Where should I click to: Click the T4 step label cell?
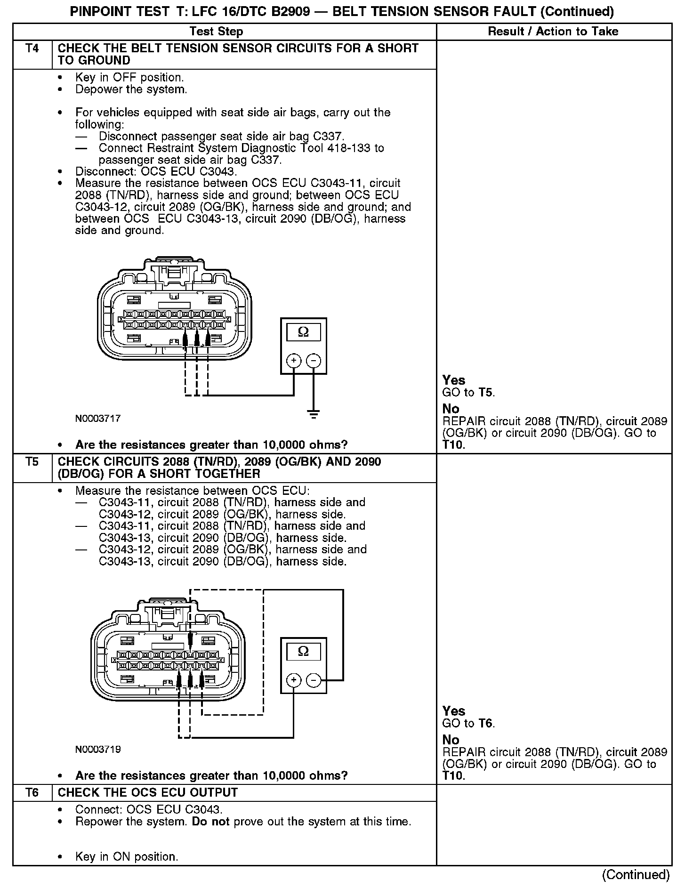(32, 48)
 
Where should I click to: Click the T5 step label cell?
(32, 462)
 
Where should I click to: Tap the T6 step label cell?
(32, 792)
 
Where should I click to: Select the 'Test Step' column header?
(216, 32)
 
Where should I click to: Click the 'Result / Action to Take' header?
(553, 32)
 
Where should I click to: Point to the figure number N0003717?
(98, 418)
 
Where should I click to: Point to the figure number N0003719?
(98, 749)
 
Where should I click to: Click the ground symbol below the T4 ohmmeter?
(314, 415)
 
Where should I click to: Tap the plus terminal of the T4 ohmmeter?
(294, 361)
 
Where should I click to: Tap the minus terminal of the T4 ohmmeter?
(314, 361)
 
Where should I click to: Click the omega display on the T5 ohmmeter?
(304, 652)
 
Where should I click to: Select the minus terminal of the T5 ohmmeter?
(314, 680)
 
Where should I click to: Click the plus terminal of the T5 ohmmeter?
(294, 680)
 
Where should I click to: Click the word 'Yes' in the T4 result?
(454, 380)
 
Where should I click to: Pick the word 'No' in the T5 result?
(451, 740)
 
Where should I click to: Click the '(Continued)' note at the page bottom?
(636, 875)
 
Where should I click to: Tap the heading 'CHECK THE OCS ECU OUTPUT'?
(148, 792)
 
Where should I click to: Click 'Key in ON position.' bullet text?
(127, 856)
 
